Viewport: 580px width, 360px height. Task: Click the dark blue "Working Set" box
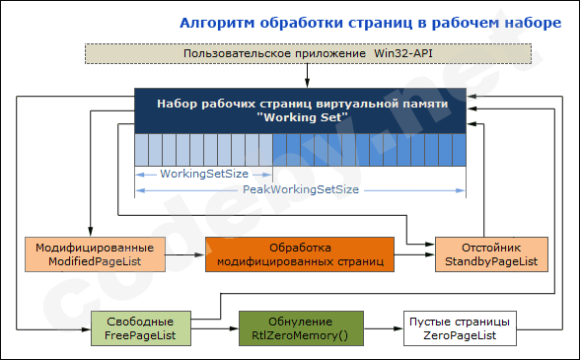coord(301,109)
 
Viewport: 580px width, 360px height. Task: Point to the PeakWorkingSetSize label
coord(301,187)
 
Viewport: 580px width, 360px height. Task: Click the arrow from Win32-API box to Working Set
coord(308,75)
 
